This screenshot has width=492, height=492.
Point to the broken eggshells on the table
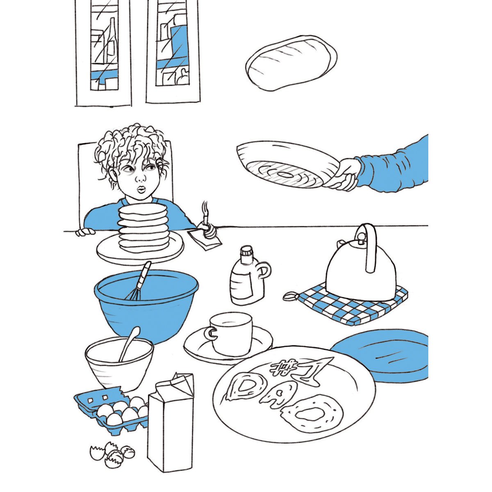pyautogui.click(x=113, y=453)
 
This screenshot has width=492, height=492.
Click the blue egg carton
pyautogui.click(x=111, y=410)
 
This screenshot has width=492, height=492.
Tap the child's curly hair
pyautogui.click(x=131, y=146)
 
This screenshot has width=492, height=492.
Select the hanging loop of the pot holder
pyautogui.click(x=290, y=296)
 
